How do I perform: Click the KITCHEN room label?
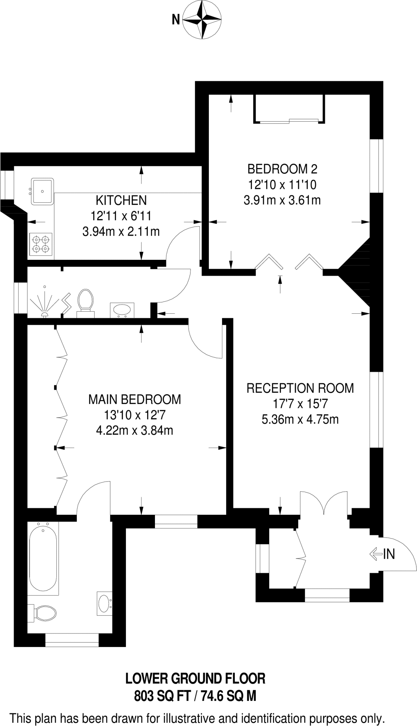coord(121,200)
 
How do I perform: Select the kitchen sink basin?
coord(43,191)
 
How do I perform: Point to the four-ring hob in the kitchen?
coord(41,244)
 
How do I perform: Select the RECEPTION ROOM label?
coord(300,388)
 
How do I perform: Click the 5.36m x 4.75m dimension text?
coord(300,419)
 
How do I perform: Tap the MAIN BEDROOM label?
coord(134,399)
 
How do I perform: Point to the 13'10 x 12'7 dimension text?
coord(134,415)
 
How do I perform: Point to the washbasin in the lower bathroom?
coord(104,603)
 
